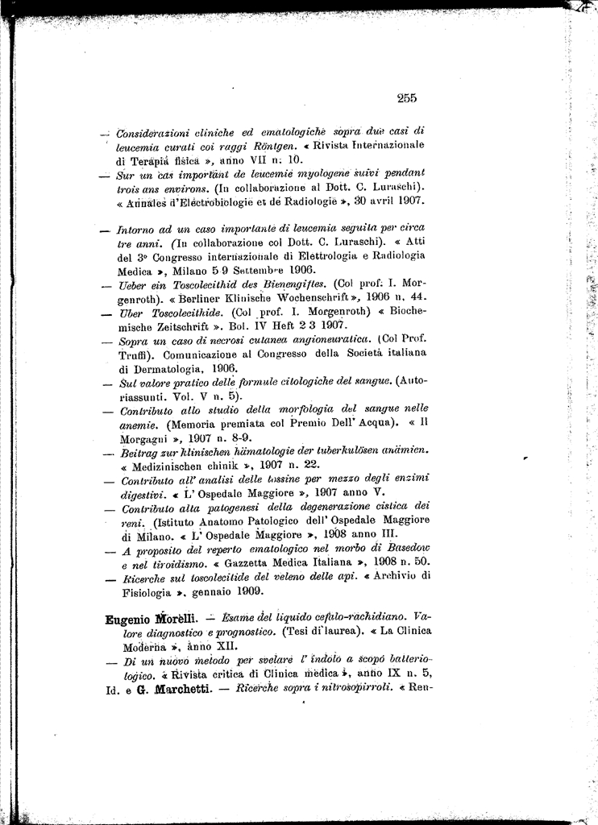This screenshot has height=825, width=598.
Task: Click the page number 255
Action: pos(406,99)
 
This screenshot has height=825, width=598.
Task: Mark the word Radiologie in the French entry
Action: pos(309,200)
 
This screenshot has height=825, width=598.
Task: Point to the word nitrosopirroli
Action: pos(344,689)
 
